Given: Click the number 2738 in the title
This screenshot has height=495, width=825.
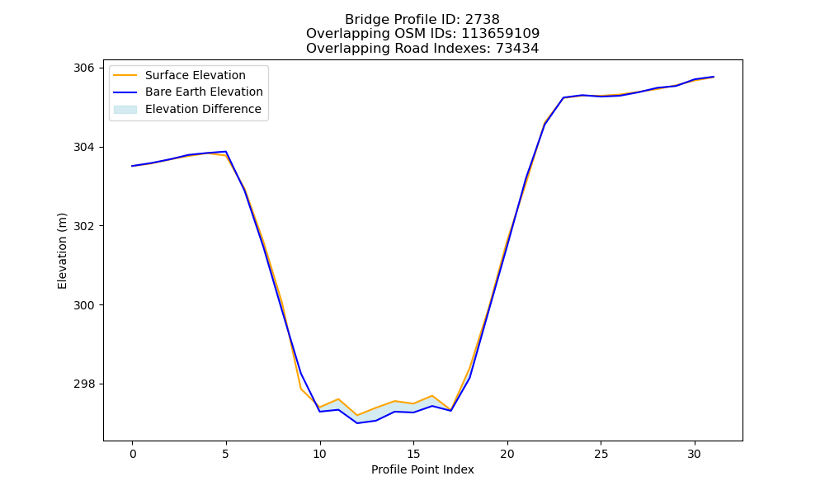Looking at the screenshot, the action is [x=482, y=20].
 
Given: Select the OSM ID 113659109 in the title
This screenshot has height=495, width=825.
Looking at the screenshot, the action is [x=501, y=34].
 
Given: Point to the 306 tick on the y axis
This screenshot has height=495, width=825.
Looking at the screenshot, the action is [x=83, y=68].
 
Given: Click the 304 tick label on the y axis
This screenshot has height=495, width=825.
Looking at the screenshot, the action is [x=83, y=147].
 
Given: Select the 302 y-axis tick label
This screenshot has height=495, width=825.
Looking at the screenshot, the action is [x=83, y=226].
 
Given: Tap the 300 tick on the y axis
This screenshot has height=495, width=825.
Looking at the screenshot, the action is [x=83, y=305].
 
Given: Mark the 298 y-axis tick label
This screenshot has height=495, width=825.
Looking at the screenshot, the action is [x=83, y=384].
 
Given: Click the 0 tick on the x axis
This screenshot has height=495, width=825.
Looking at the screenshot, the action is [x=133, y=454].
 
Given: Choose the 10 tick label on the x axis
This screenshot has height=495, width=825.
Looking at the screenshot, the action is [x=320, y=454].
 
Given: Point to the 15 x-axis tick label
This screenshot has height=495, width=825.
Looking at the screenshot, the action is [x=413, y=454].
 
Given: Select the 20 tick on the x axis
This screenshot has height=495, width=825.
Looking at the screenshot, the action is [x=507, y=454].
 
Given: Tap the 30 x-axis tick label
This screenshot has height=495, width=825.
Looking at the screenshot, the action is [x=695, y=454].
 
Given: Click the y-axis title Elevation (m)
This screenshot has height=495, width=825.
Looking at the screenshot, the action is [x=63, y=251].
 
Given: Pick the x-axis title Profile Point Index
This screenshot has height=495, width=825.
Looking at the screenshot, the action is [x=422, y=469].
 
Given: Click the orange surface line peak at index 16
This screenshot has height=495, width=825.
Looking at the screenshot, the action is [x=432, y=395].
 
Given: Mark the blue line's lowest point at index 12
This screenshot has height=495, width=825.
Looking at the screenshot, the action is [x=357, y=423].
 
